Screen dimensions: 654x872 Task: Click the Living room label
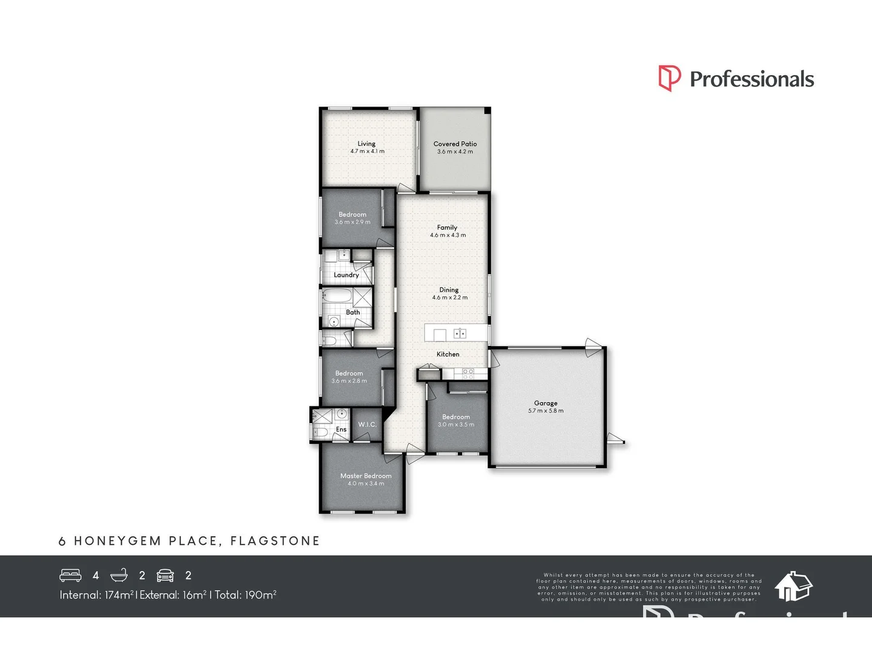(x=366, y=144)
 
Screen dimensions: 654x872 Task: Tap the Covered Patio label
(x=455, y=144)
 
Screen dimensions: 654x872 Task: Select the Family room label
(x=448, y=228)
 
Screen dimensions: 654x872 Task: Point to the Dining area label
(x=449, y=290)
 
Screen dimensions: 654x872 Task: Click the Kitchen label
(x=448, y=354)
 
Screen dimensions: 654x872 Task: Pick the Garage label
(x=546, y=403)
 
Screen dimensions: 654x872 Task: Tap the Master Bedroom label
(x=366, y=476)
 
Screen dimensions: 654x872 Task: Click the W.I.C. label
(x=368, y=424)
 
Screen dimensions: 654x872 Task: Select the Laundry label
(x=346, y=275)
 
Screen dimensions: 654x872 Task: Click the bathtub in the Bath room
(x=335, y=297)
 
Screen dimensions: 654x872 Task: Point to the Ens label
(x=342, y=429)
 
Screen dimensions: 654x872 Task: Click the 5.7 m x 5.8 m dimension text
(x=546, y=411)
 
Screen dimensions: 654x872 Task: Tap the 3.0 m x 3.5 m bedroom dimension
(x=456, y=425)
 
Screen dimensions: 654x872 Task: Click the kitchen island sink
(x=460, y=333)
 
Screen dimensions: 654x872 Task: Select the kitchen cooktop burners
(x=467, y=374)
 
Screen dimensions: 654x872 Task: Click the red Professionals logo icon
(x=669, y=79)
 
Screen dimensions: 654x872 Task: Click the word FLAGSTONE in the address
(x=275, y=541)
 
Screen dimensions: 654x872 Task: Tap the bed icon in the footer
(x=70, y=575)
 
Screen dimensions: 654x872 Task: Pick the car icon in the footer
(x=165, y=575)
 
